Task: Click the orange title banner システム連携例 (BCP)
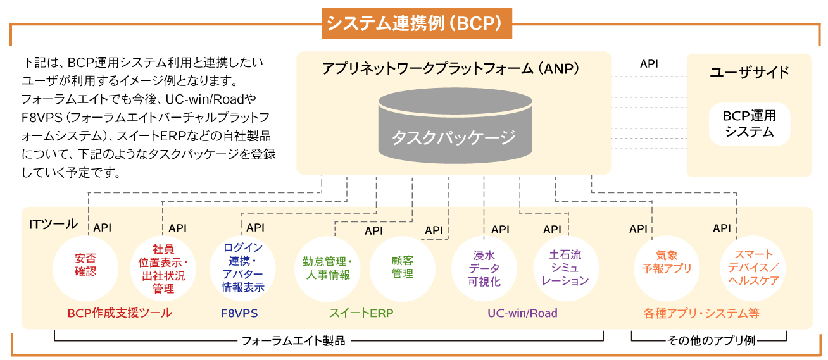(417, 23)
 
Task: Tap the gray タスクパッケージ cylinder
(455, 126)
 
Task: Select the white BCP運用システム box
(750, 124)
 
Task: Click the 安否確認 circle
(85, 269)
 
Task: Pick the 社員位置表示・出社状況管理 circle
(163, 269)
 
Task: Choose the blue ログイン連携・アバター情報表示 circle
(243, 269)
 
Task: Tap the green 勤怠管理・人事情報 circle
(327, 269)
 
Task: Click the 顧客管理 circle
(403, 269)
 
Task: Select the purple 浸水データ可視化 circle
(484, 269)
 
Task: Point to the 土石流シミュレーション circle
(566, 269)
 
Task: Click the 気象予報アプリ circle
(667, 269)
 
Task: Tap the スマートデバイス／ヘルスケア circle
(753, 269)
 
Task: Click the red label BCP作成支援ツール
(120, 313)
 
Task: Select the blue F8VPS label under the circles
(239, 313)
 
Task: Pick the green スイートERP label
(361, 313)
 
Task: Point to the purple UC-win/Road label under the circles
(522, 313)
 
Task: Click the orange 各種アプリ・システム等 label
(701, 313)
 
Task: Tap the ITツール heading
(53, 224)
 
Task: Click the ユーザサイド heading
(750, 72)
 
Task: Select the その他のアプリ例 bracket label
(711, 340)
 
